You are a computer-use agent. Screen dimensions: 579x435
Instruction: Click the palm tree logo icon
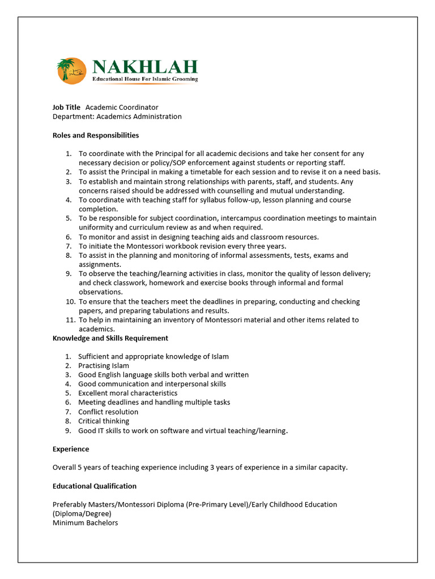coord(71,71)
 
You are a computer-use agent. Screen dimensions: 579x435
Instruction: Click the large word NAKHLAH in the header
coord(145,67)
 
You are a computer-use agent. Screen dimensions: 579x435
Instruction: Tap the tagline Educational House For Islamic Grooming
coord(145,80)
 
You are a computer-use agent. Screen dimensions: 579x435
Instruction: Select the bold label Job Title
coord(66,107)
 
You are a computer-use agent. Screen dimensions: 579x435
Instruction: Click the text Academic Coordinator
coord(122,107)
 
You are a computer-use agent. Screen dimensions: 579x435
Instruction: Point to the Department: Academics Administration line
coord(117,116)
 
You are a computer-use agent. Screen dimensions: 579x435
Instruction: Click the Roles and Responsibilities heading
coord(96,136)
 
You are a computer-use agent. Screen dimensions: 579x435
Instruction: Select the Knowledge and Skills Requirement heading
coord(110,338)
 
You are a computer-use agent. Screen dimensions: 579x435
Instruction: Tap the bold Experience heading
coord(71,449)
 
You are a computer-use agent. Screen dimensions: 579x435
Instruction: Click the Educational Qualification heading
coord(95,486)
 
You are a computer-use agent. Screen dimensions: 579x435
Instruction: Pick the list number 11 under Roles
coord(70,320)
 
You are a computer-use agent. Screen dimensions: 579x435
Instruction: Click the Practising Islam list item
coord(104,366)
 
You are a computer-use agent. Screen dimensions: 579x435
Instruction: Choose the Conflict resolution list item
coord(108,412)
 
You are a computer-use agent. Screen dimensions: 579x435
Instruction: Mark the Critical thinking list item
coord(104,421)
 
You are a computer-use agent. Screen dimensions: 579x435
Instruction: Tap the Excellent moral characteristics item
coord(128,393)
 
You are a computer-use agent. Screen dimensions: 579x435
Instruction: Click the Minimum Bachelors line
coord(85,523)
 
